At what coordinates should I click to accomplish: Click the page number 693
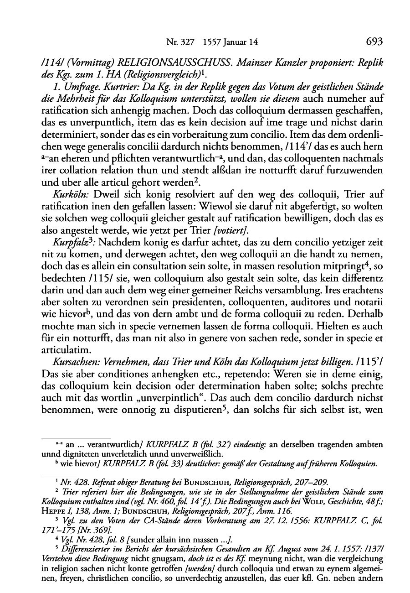point(373,42)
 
